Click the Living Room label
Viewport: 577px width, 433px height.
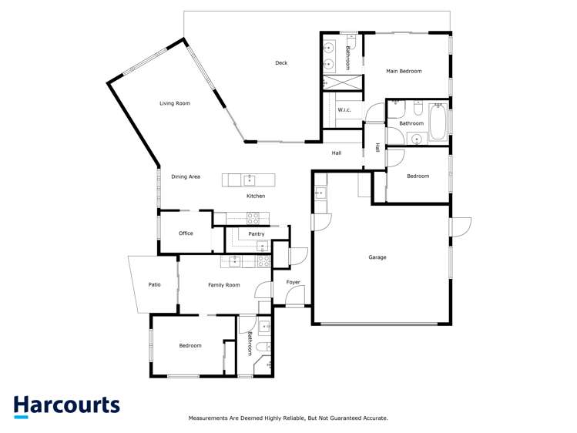(x=174, y=103)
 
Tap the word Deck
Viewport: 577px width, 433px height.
(x=281, y=63)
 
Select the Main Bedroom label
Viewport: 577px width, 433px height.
(x=404, y=71)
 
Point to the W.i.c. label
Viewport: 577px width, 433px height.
(x=344, y=110)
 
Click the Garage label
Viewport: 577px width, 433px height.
(x=377, y=257)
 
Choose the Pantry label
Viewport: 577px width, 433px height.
(x=257, y=233)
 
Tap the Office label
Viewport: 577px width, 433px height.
(x=186, y=233)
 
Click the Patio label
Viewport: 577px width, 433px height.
(x=155, y=285)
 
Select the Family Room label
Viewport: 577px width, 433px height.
(x=224, y=285)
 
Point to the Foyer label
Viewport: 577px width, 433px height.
(x=294, y=282)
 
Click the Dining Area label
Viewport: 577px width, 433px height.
(x=186, y=176)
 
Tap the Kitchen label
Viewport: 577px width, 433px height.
(x=256, y=196)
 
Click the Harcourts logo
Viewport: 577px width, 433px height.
(x=66, y=406)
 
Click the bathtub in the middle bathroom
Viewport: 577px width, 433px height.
(x=438, y=124)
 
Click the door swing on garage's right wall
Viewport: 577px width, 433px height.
(x=461, y=228)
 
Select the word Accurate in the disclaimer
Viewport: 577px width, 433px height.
(x=374, y=418)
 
